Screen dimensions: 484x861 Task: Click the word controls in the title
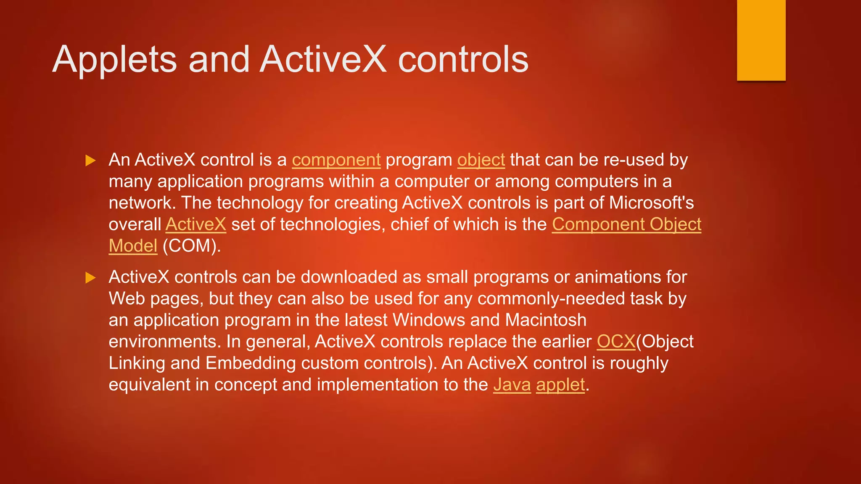[463, 60]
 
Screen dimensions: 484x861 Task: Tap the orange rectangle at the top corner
[761, 40]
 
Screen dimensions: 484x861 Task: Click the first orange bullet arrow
[90, 160]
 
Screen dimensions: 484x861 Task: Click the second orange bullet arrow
[90, 278]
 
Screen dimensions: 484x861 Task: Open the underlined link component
[336, 160]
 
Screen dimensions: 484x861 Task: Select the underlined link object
[481, 160]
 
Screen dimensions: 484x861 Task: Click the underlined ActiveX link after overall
[196, 224]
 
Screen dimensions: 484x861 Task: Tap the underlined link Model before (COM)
[133, 246]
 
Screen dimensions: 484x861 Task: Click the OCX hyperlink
[616, 342]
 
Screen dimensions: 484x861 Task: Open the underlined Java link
[512, 385]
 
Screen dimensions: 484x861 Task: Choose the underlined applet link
[560, 385]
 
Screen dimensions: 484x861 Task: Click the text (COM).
[191, 246]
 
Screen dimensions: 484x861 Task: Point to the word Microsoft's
[651, 203]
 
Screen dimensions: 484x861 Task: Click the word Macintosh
[546, 320]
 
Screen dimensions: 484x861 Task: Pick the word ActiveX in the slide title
[323, 60]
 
